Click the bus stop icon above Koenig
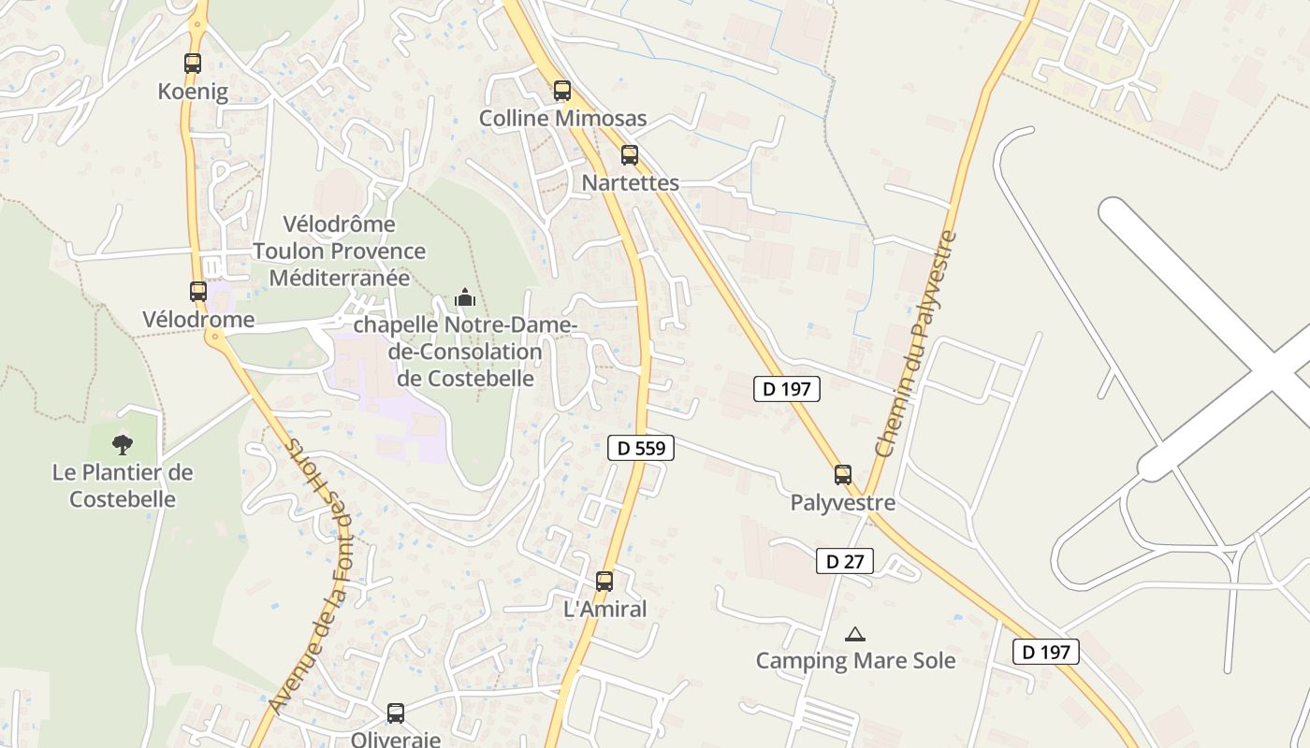point(192,64)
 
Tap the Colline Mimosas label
point(562,119)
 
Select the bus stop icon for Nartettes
point(630,155)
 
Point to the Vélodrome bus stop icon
point(198,291)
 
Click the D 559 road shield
point(641,448)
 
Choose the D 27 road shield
point(845,561)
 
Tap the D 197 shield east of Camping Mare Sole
point(1046,652)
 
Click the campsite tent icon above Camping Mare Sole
point(855,635)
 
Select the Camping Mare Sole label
point(855,661)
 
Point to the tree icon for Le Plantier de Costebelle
point(123,445)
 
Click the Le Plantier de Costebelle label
point(123,485)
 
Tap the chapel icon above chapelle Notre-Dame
point(465,298)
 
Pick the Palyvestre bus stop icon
point(843,475)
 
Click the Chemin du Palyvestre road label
point(917,344)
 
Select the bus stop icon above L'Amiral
point(604,582)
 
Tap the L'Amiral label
point(604,610)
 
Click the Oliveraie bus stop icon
point(396,713)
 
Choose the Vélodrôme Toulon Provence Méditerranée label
point(339,252)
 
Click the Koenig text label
point(193,92)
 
